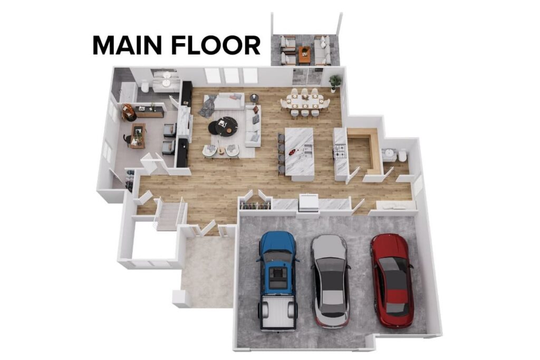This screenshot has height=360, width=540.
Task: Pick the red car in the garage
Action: (391, 279)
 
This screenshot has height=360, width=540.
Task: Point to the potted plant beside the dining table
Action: (335, 82)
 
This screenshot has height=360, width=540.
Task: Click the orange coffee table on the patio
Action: (304, 52)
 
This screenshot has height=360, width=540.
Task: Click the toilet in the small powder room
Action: (402, 155)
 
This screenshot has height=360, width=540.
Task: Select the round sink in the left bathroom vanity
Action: (167, 83)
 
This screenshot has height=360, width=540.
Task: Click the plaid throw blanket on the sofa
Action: (208, 105)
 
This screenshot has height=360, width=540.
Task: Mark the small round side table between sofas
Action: (254, 98)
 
